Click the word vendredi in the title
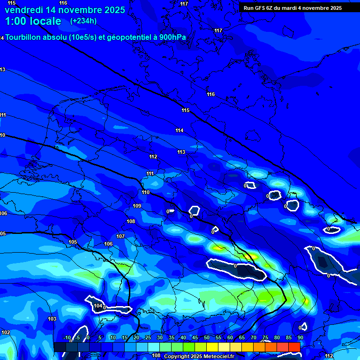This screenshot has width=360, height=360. [x=24, y=10]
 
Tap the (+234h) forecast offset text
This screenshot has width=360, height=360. [x=83, y=21]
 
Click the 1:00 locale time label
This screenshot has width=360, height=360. [x=33, y=21]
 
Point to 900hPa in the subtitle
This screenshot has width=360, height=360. [x=172, y=37]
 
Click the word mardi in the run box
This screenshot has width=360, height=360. [x=291, y=8]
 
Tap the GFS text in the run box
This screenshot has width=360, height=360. [x=260, y=8]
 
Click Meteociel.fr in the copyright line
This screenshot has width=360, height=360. [x=216, y=356]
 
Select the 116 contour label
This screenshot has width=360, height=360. [x=211, y=94]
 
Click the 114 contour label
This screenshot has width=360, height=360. [x=180, y=130]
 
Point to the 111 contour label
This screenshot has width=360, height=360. [x=150, y=173]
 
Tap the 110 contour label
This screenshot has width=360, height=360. [x=146, y=192]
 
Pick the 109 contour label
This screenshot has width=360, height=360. [x=137, y=206]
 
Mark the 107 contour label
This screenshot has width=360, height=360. [x=120, y=236]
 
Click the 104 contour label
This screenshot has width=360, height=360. [x=98, y=306]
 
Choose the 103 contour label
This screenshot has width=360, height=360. [x=52, y=319]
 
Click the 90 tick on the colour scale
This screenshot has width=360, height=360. [x=300, y=337]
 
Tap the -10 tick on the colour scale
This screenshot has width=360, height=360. [x=67, y=337]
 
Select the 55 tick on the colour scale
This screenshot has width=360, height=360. [x=218, y=337]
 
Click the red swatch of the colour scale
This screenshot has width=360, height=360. [x=294, y=347]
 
